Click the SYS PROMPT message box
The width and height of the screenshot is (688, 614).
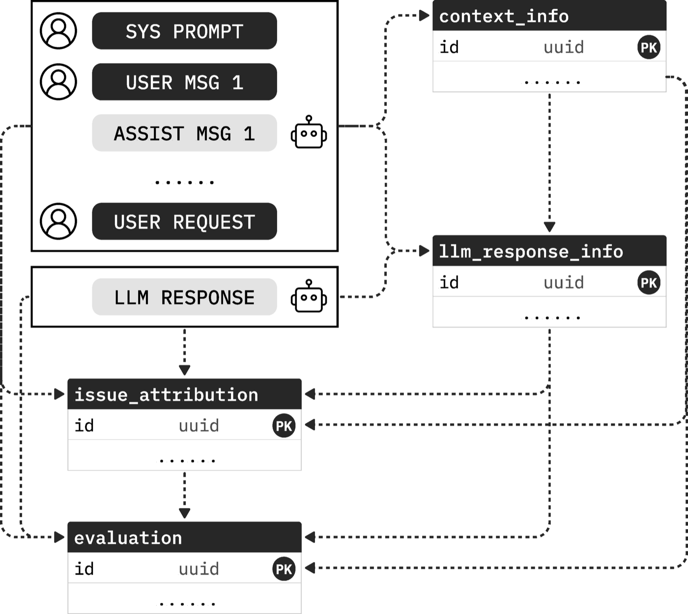[x=184, y=31]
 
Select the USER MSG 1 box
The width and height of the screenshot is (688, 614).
[x=184, y=82]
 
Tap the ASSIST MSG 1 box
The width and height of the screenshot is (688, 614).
[x=184, y=133]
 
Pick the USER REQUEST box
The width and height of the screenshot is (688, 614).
[x=184, y=221]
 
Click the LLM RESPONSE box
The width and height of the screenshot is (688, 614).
[x=184, y=297]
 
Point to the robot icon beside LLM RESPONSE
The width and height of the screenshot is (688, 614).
[x=309, y=296]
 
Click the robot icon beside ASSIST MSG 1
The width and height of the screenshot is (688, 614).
[x=309, y=133]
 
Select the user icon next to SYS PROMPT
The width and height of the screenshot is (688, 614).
[x=58, y=31]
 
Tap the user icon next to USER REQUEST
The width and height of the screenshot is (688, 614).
[x=58, y=221]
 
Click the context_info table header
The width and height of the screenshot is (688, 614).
[x=549, y=16]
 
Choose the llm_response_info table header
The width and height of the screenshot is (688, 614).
[x=549, y=251]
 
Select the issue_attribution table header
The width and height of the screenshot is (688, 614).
[x=184, y=394]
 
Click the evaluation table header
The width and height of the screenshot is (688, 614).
[x=184, y=537]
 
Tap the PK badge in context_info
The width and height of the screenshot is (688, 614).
[x=649, y=48]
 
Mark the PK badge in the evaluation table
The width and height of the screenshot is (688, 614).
[x=284, y=569]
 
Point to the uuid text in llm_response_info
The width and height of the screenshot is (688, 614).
[x=564, y=283]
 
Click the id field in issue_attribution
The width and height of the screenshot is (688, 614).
[x=84, y=426]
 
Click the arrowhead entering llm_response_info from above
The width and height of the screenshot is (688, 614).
[x=549, y=227]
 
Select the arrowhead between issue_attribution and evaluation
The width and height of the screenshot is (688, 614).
[x=184, y=513]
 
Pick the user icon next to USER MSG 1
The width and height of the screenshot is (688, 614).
[x=58, y=82]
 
